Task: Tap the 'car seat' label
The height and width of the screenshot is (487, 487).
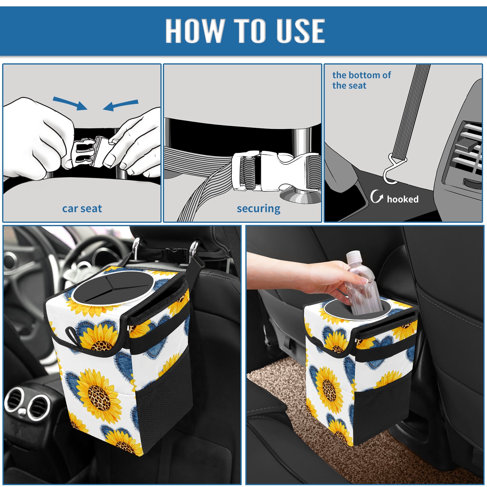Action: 82,209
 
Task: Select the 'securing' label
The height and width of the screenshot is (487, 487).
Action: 258,209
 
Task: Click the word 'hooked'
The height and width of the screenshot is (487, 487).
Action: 403,199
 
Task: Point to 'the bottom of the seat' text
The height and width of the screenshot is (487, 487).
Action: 362,80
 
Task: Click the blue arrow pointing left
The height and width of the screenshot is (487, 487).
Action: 121,105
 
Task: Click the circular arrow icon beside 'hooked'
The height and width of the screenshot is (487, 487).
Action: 377,197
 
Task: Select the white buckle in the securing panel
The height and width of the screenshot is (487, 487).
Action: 275,171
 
